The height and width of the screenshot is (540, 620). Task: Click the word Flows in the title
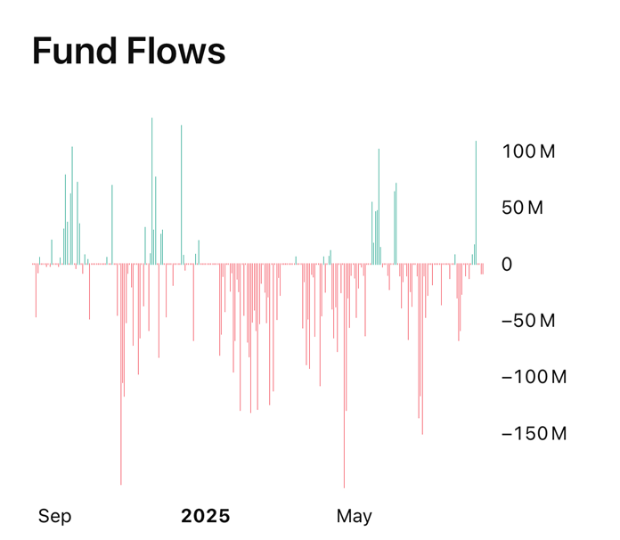[176, 52]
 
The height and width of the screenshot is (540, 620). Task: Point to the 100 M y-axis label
[528, 151]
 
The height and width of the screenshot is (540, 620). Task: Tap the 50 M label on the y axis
[523, 209]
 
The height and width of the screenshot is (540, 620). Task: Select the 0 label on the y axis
[507, 265]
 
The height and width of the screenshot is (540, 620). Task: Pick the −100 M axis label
[534, 377]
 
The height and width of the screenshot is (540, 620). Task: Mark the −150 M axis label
[534, 434]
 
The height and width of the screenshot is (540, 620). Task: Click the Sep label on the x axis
[54, 516]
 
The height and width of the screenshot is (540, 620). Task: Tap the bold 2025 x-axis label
[205, 516]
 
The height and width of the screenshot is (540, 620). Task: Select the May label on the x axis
[354, 516]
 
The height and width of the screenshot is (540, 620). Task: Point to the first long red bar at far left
[36, 290]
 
